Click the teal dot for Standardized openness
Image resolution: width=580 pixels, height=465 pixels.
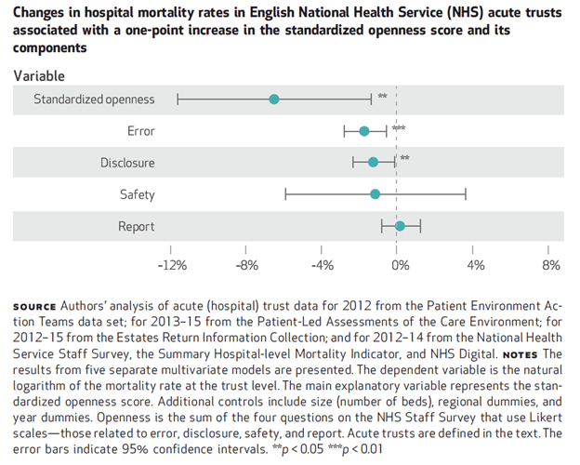coord(273,100)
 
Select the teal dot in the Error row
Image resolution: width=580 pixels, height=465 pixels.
coord(364,131)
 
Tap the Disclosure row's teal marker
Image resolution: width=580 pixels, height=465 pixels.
coord(373,163)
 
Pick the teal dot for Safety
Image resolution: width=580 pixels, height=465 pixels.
coord(375,194)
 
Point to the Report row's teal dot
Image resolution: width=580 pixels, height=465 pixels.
coord(400,226)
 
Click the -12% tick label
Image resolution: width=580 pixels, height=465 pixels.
coord(171,265)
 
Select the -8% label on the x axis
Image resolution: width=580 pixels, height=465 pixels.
coord(247,265)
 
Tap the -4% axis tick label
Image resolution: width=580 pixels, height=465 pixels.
coord(323,265)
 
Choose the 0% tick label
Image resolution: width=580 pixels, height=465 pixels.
coord(400,265)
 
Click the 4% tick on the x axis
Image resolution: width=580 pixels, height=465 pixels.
coord(476,265)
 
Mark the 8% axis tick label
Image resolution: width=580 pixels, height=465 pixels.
coord(550,265)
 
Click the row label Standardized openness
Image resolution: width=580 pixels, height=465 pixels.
coord(95,100)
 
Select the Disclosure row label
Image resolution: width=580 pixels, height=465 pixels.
coord(127,164)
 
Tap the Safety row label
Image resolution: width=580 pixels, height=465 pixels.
coord(137,195)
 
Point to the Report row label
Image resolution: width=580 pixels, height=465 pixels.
coord(136,227)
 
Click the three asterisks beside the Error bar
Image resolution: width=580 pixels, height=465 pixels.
coord(399,128)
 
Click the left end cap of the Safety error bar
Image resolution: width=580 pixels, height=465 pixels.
coord(285,194)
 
